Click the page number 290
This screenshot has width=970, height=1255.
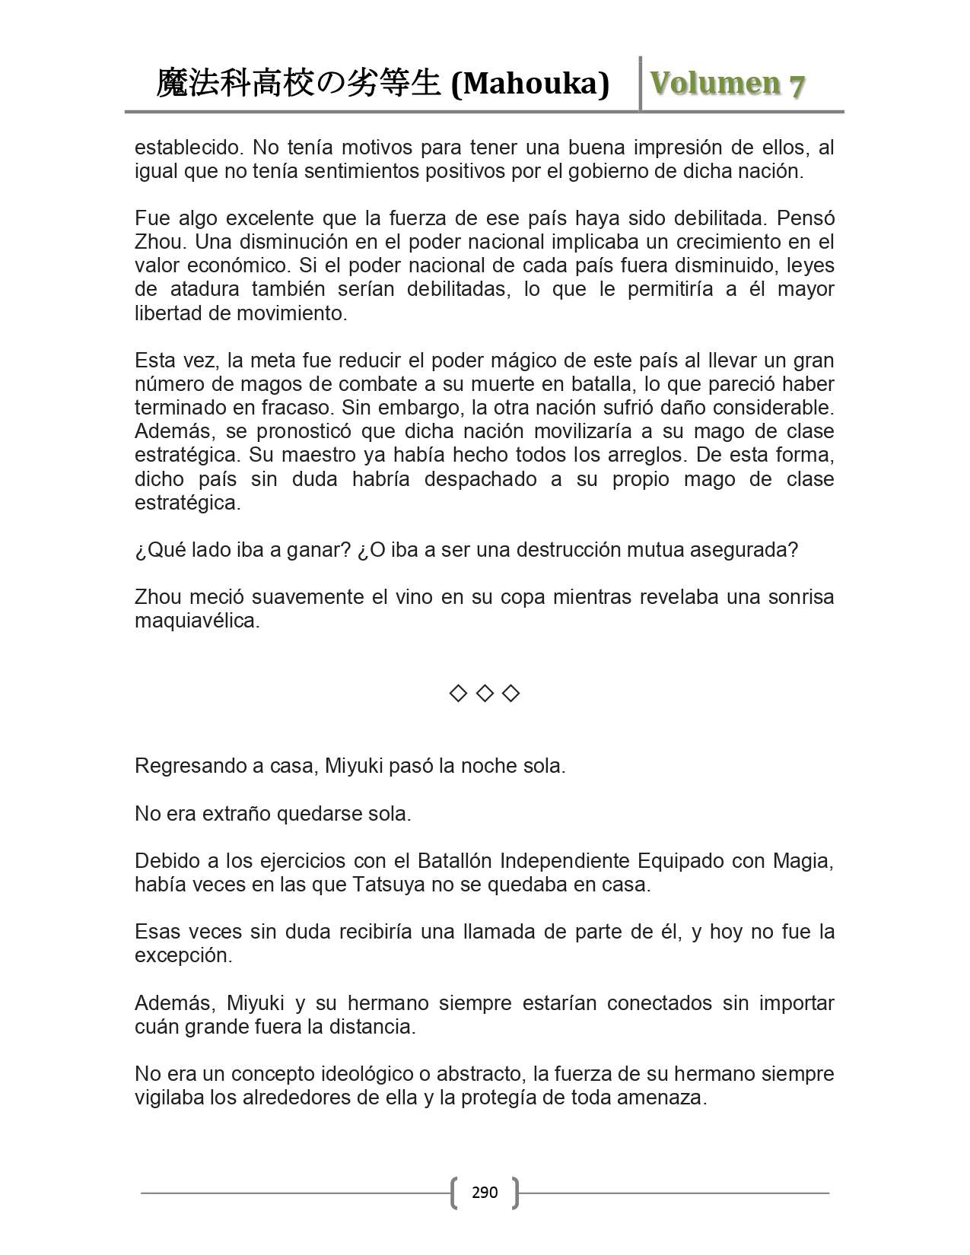[485, 1192]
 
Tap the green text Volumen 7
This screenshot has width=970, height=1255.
[727, 84]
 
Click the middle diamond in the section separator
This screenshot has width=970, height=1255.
[485, 693]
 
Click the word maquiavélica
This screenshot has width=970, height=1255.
[197, 621]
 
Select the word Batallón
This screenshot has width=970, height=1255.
[454, 861]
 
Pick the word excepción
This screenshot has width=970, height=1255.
[183, 956]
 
